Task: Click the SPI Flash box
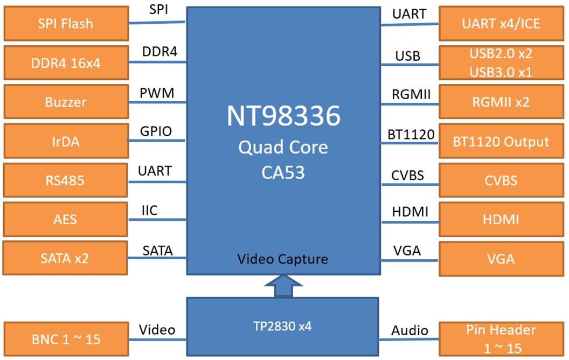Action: point(66,24)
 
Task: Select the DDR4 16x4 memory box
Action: point(66,63)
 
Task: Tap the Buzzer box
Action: point(66,102)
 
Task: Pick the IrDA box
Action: point(66,141)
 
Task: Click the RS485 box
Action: point(66,180)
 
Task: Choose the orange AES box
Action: point(66,219)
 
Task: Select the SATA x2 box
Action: point(66,258)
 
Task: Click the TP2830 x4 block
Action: point(283,327)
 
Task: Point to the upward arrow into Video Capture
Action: point(283,286)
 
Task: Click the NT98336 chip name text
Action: point(283,116)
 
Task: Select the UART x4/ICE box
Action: point(501,24)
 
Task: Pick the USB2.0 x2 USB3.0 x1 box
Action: point(501,63)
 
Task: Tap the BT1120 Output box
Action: point(501,142)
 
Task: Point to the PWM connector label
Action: point(157,93)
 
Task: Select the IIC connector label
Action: point(149,210)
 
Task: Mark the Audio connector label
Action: point(410,330)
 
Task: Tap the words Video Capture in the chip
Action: point(283,259)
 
